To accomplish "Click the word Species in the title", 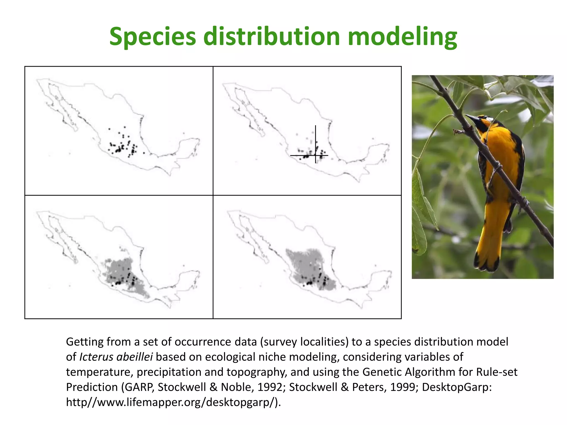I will click(153, 37).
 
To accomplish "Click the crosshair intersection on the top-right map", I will click(316, 156).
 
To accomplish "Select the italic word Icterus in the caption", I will click(96, 357).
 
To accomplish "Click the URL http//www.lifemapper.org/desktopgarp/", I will click(173, 402).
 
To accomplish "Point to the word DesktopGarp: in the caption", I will click(457, 387).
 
